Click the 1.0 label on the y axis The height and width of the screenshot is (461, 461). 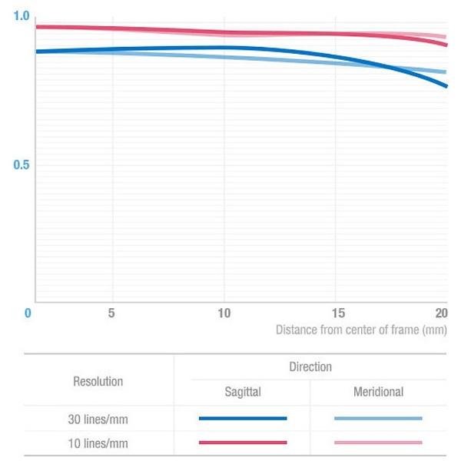tap(21, 16)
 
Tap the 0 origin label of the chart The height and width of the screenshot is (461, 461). tap(28, 313)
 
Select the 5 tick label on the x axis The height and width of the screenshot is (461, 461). tap(112, 313)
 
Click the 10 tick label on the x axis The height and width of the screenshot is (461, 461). tap(224, 313)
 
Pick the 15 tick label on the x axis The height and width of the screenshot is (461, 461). tap(335, 313)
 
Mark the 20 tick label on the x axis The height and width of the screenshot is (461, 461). tap(441, 313)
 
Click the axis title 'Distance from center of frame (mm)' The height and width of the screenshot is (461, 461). tap(361, 330)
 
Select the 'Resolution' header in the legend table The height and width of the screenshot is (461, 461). tap(98, 381)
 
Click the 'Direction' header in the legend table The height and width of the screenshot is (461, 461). tap(310, 367)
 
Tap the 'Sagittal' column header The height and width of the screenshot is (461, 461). tap(242, 392)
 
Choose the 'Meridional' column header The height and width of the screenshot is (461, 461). tap(378, 392)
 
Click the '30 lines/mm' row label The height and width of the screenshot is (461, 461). tap(98, 419)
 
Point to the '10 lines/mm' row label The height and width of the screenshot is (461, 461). tap(98, 443)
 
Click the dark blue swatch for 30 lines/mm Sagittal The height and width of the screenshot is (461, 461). tap(242, 419)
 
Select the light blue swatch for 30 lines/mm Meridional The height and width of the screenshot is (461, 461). tap(378, 419)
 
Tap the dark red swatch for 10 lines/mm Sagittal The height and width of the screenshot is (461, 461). tap(242, 443)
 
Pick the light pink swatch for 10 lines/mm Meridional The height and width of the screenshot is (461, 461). tap(378, 443)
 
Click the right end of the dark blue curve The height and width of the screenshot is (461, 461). tap(446, 86)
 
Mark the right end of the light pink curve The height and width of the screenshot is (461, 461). tap(446, 37)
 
